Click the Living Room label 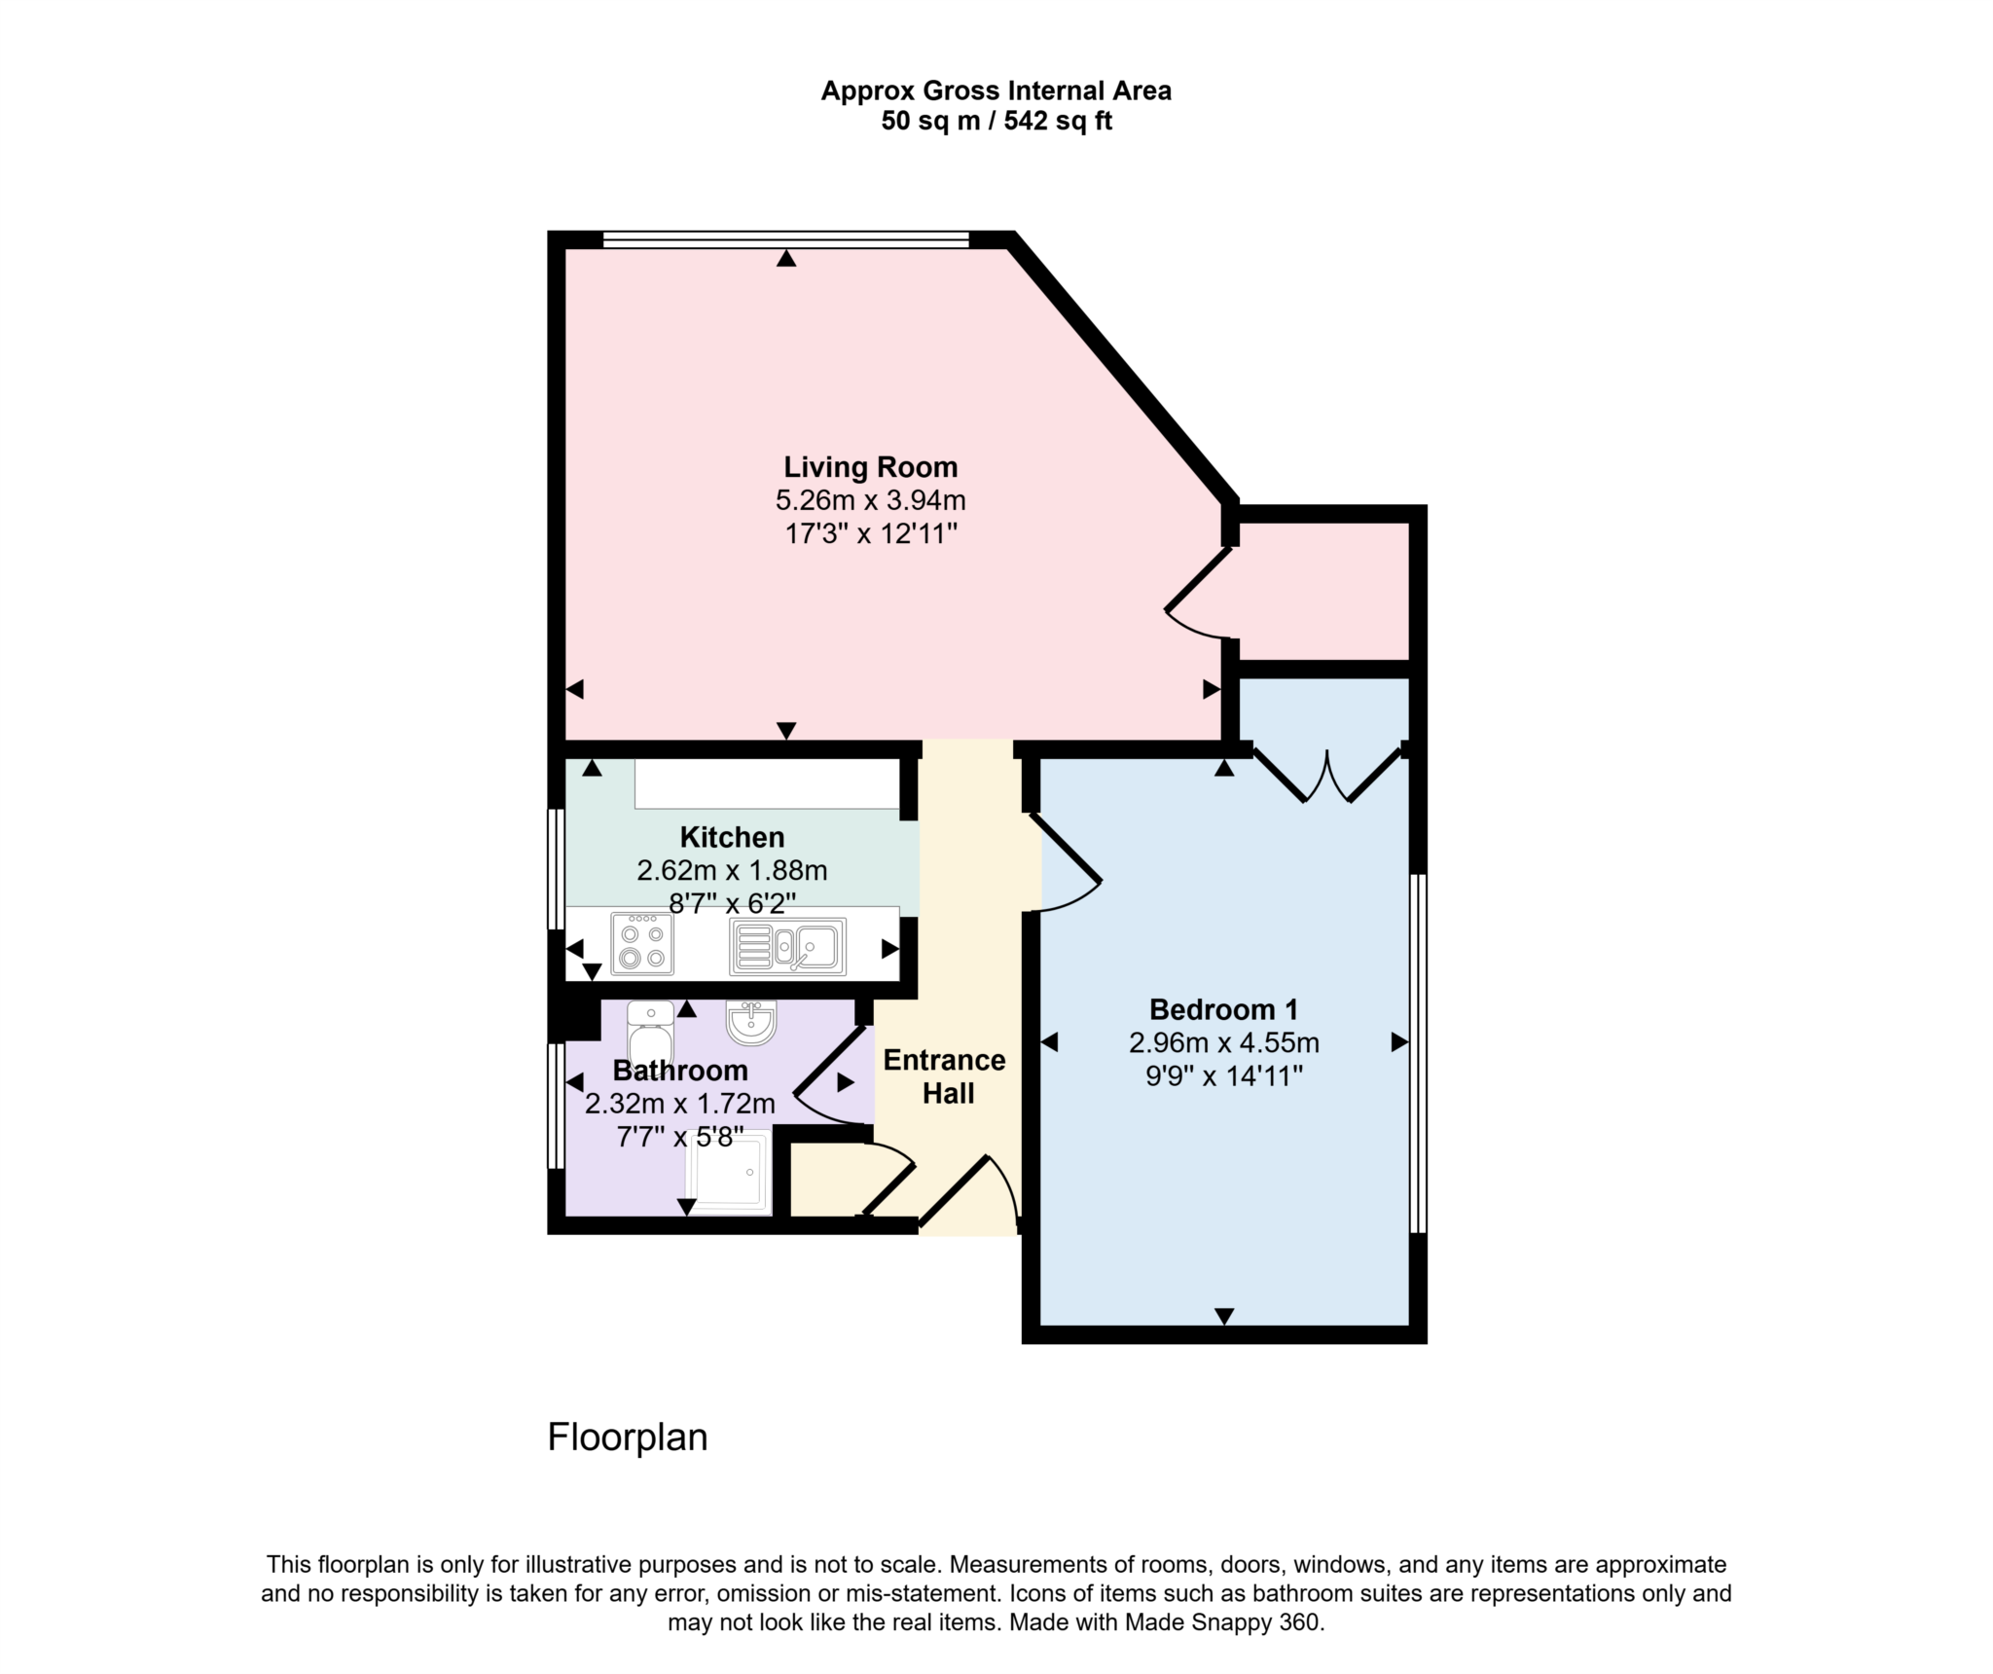pos(870,467)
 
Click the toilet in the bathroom pos(650,1035)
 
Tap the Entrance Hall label pos(944,1076)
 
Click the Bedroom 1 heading pos(1223,1009)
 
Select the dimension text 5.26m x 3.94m pos(870,501)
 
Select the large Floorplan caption pos(627,1437)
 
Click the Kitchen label pos(732,837)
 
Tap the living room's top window pos(785,238)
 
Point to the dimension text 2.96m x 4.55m pos(1223,1043)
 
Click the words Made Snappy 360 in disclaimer pos(1223,1623)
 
